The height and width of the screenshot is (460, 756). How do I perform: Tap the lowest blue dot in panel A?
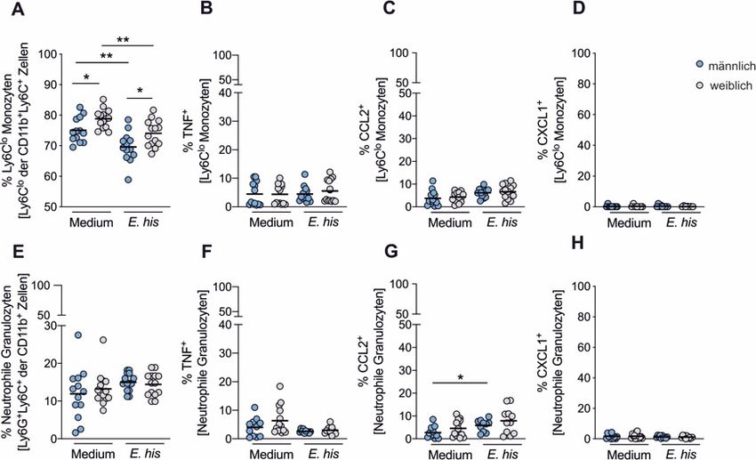coord(130,180)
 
